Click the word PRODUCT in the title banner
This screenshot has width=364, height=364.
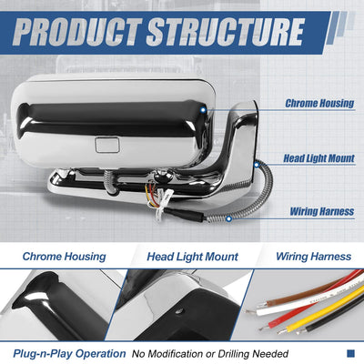coord(77,32)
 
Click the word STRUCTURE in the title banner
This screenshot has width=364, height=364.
coord(226,32)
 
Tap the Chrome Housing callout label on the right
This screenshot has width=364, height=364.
coord(319,103)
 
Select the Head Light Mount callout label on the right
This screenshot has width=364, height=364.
coord(318,158)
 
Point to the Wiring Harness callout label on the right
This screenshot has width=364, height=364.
coord(322,211)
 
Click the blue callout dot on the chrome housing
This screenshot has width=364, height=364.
coord(203,110)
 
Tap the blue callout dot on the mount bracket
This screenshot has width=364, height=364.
coord(257,165)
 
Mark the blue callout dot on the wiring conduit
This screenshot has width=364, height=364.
coord(229,218)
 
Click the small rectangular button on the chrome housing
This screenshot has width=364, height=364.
coord(107,145)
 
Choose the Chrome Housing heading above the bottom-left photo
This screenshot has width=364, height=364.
coord(65,257)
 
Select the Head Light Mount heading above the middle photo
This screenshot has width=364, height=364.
coord(192,257)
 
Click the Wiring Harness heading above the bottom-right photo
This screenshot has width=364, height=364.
coord(314,257)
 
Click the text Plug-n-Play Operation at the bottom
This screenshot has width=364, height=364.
coord(69,354)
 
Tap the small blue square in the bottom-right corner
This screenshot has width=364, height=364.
coord(350,353)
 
